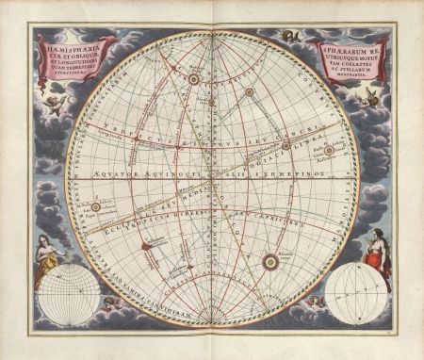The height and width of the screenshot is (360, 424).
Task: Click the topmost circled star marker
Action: (193, 79)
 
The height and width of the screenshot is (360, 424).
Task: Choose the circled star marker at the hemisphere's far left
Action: (95, 205)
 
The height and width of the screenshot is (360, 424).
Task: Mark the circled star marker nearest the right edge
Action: (329, 149)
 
